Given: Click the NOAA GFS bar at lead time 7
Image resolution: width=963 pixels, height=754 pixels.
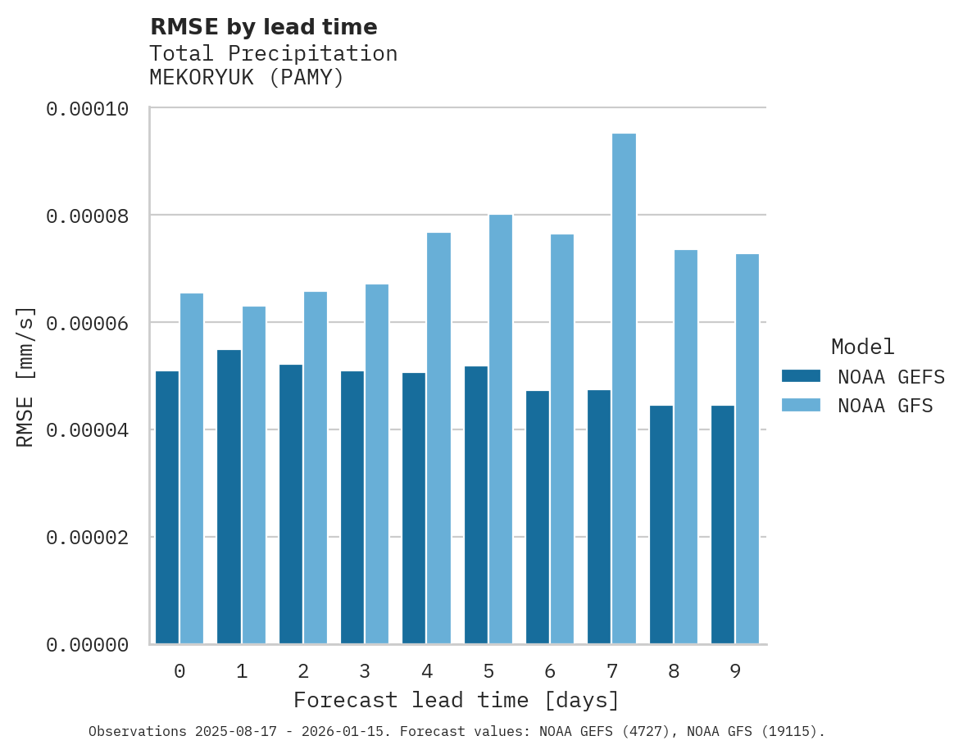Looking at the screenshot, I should pyautogui.click(x=624, y=388).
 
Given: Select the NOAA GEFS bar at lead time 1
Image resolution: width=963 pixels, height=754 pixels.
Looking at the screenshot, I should pyautogui.click(x=229, y=497).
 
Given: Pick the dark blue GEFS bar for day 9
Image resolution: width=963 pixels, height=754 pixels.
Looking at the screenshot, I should pyautogui.click(x=723, y=525).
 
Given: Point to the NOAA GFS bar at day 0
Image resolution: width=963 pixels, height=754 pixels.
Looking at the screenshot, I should pyautogui.click(x=192, y=468).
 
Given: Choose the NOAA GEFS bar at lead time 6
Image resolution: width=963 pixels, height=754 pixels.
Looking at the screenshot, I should pyautogui.click(x=538, y=517).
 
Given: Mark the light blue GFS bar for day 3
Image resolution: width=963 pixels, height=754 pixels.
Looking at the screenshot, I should pyautogui.click(x=377, y=464).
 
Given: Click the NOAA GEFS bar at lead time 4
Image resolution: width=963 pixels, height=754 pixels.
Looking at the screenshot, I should pyautogui.click(x=414, y=508).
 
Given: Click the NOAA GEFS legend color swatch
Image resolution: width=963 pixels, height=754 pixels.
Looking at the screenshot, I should pyautogui.click(x=801, y=376).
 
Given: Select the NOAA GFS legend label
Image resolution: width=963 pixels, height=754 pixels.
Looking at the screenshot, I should pyautogui.click(x=885, y=406).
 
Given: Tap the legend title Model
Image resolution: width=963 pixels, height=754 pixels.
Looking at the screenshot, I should pyautogui.click(x=862, y=347).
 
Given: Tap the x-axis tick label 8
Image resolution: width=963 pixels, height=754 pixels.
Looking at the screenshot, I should pyautogui.click(x=674, y=672).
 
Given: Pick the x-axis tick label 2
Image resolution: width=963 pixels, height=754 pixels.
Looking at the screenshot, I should pyautogui.click(x=303, y=672).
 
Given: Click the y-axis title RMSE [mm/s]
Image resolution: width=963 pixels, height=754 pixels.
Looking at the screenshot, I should pyautogui.click(x=25, y=376).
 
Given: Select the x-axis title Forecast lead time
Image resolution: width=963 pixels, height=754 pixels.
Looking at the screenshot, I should pyautogui.click(x=457, y=701).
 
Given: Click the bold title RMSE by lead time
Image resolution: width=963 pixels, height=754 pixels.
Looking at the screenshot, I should pyautogui.click(x=263, y=27).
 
